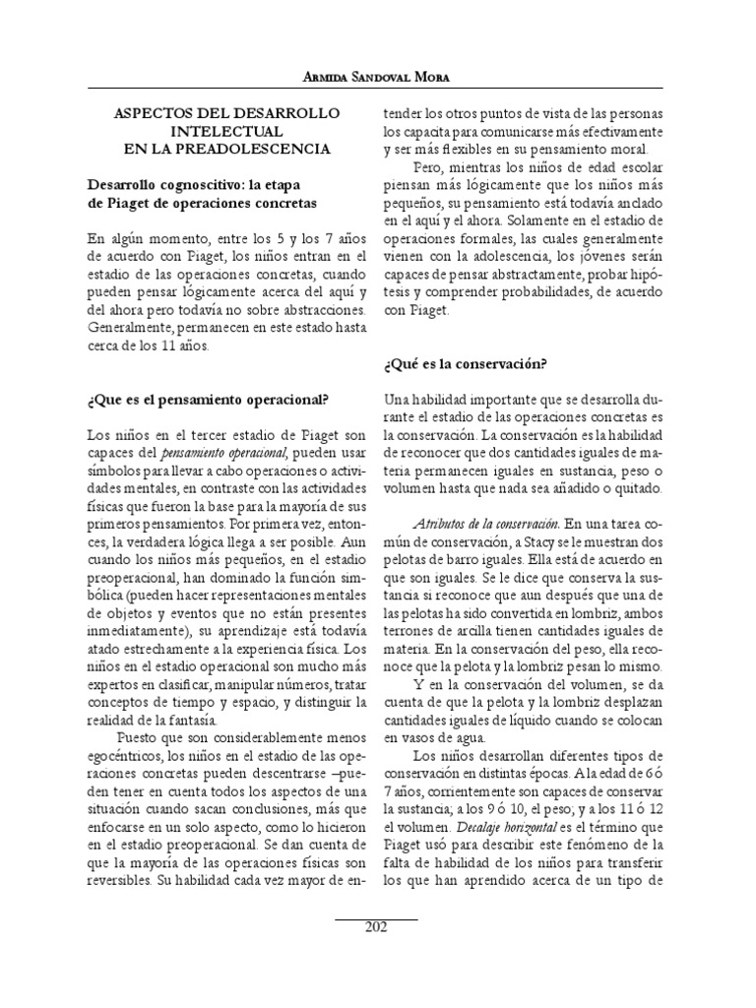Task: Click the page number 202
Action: tap(377, 926)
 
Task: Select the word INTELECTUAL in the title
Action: tap(225, 130)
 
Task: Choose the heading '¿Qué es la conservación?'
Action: tap(464, 364)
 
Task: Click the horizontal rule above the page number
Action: tap(377, 915)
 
